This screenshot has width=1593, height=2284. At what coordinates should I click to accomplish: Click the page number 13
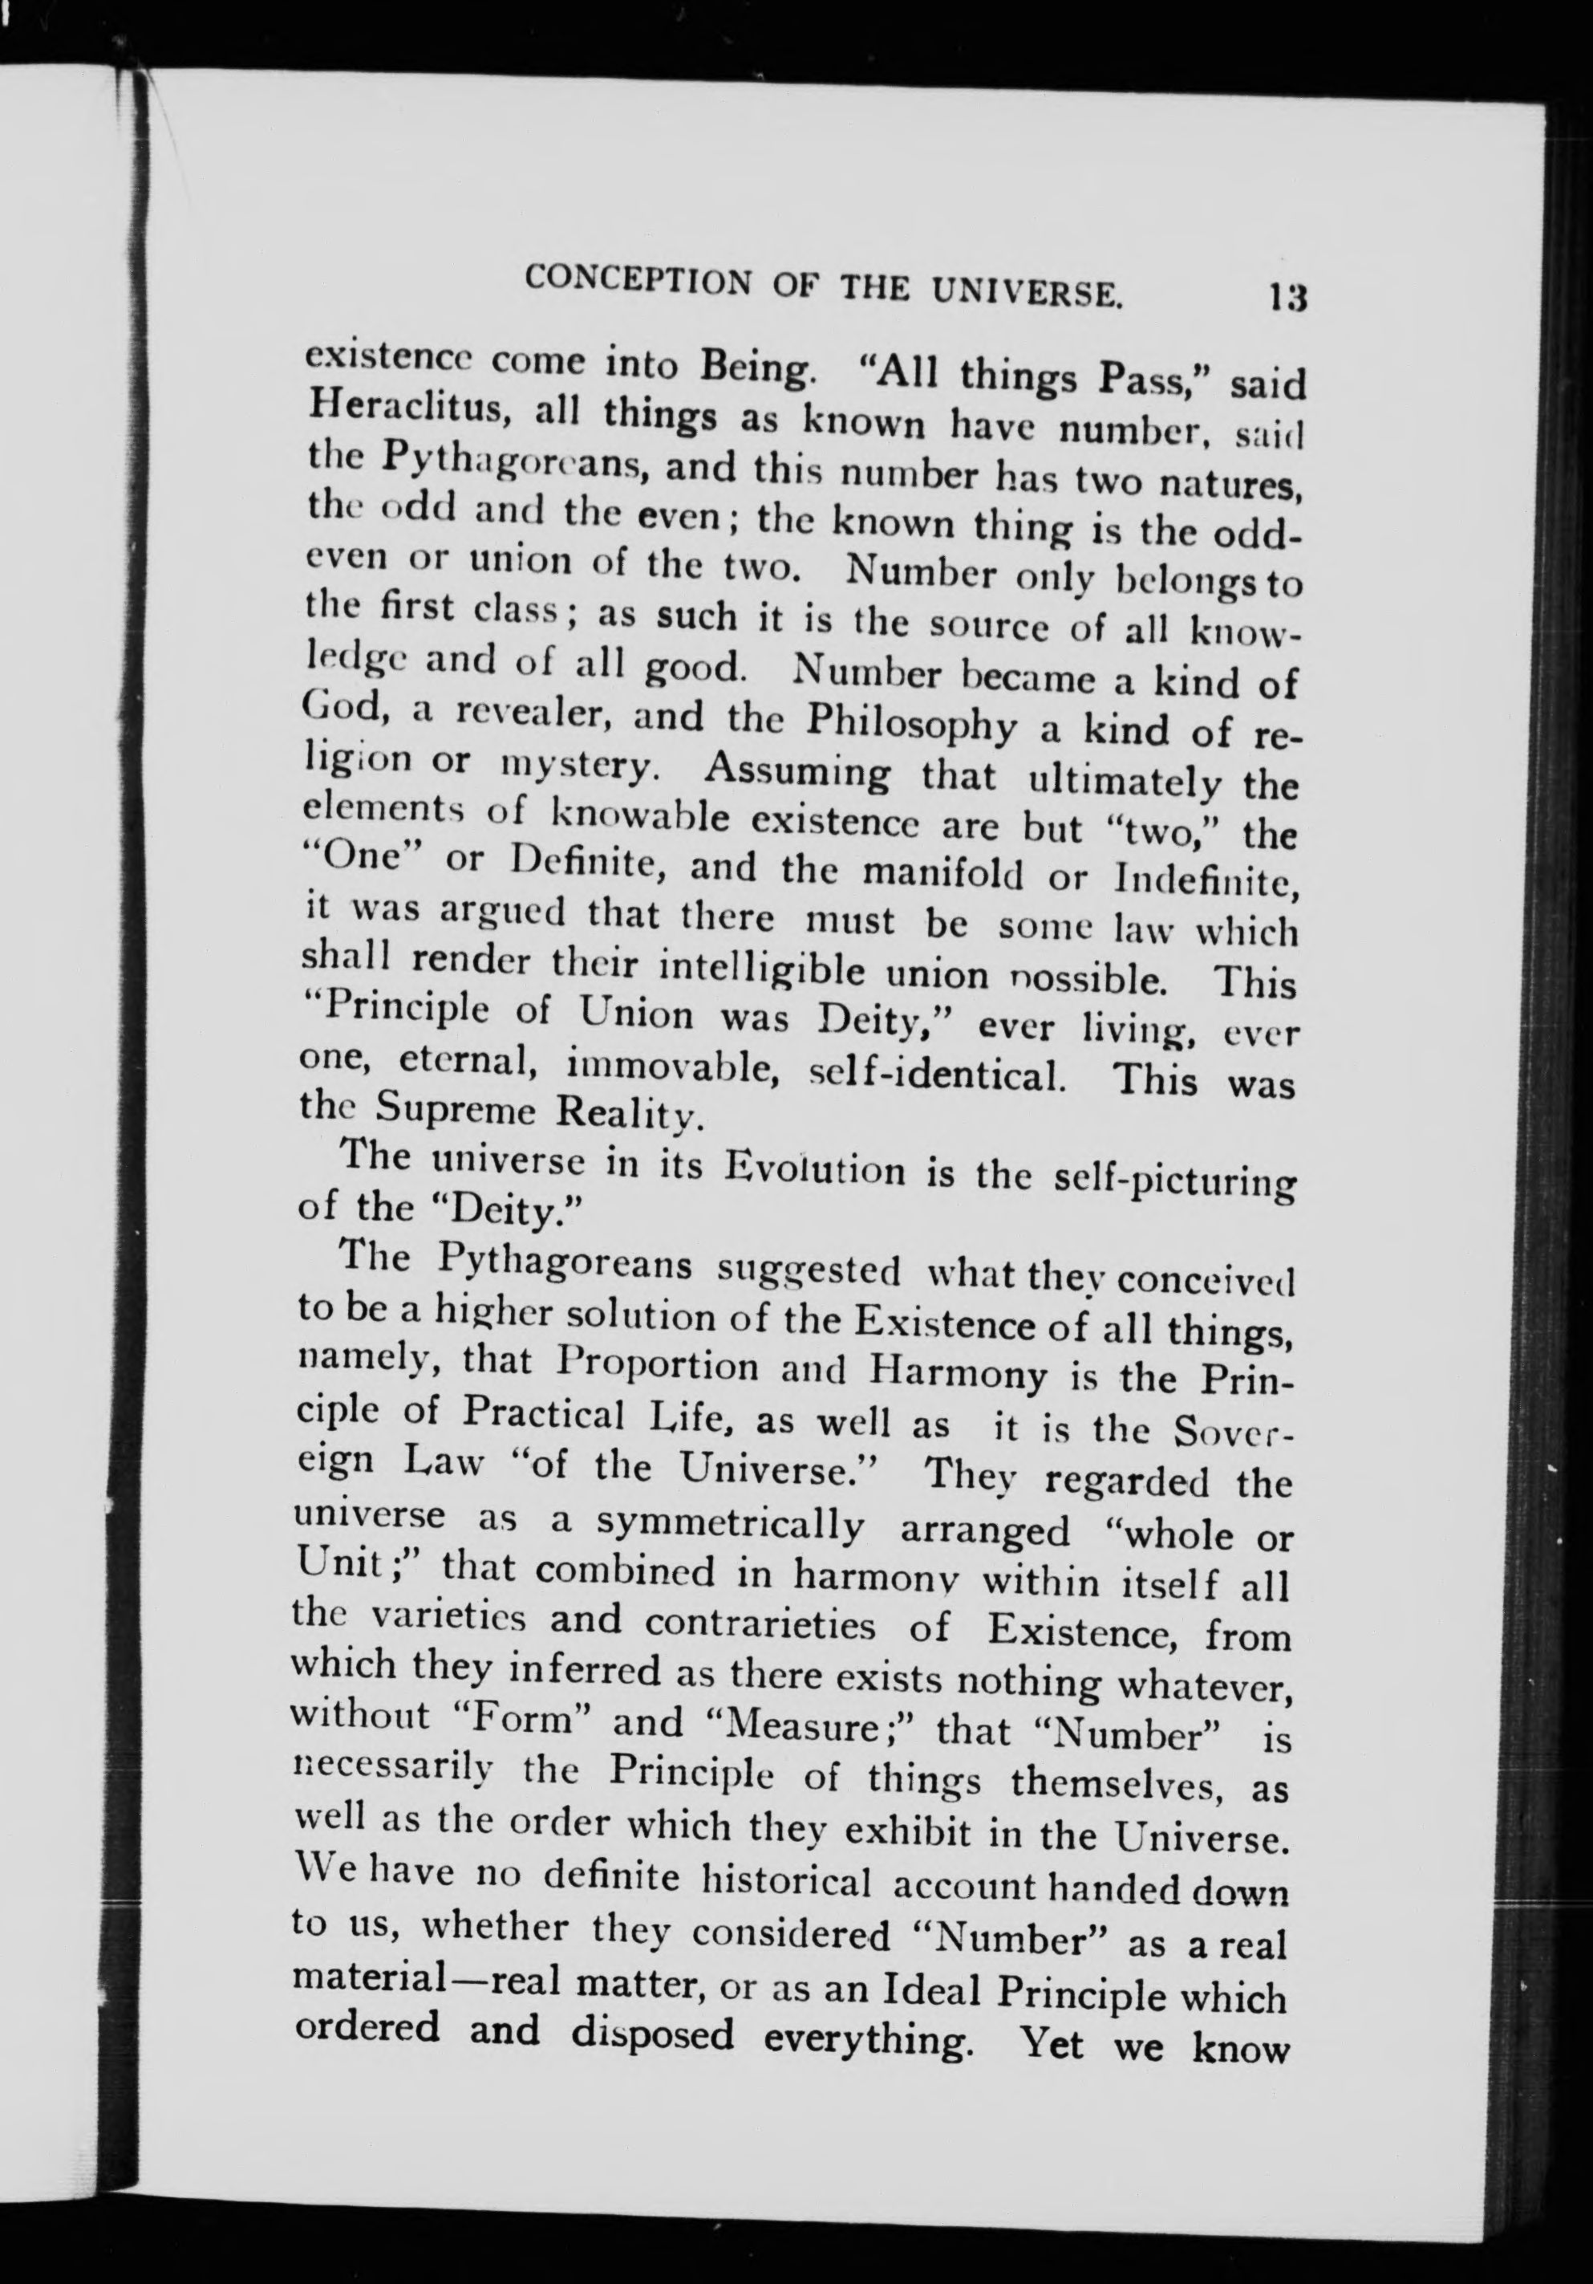(x=1285, y=299)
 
